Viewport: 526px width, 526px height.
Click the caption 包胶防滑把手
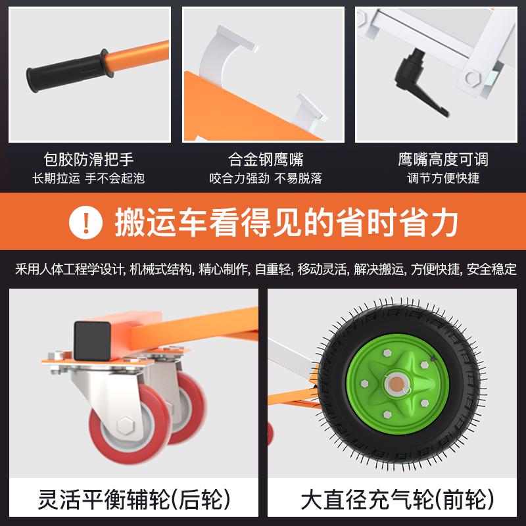89,159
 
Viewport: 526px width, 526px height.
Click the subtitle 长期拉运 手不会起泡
89,178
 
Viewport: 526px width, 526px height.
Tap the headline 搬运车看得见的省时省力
286,222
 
